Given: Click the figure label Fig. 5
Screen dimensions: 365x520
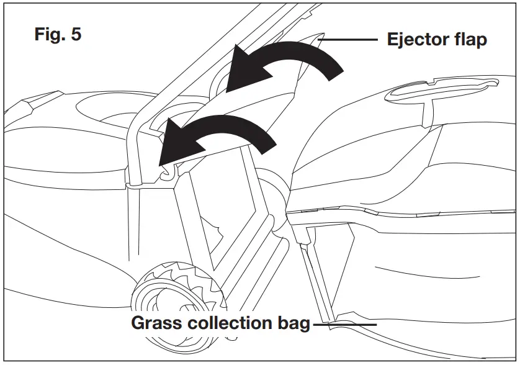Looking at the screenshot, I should (57, 35).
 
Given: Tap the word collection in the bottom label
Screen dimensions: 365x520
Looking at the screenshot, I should (226, 323).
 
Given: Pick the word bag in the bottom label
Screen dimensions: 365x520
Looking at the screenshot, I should (293, 323).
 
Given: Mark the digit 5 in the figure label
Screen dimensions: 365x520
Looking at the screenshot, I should (76, 35).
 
